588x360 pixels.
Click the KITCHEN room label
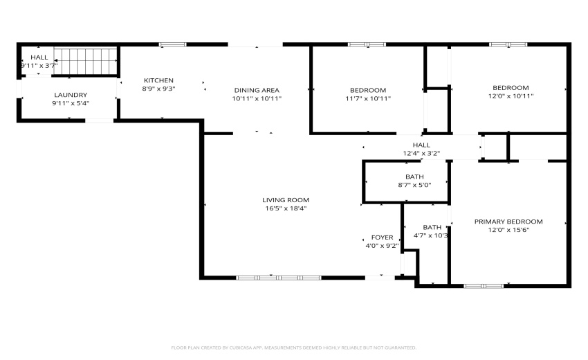tap(158, 80)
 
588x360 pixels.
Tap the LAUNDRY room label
tap(71, 95)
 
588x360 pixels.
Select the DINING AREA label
tap(256, 90)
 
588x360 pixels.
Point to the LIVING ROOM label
tap(285, 200)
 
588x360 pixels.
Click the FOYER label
tap(382, 237)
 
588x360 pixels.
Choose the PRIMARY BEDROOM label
tap(508, 222)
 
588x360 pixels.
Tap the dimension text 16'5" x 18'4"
tap(285, 208)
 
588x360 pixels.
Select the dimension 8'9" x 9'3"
tap(158, 89)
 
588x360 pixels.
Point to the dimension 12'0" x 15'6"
tap(508, 230)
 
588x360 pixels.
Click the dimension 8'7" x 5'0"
tap(414, 186)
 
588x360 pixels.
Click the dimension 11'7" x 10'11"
tap(367, 98)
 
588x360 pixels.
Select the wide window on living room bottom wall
tap(279, 278)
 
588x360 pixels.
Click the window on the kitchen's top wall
tap(172, 45)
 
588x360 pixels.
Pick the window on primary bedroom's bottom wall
tap(484, 285)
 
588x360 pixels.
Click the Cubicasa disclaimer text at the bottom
tap(293, 348)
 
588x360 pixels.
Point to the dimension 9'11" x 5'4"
tap(71, 103)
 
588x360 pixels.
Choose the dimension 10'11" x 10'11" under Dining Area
tap(256, 98)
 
